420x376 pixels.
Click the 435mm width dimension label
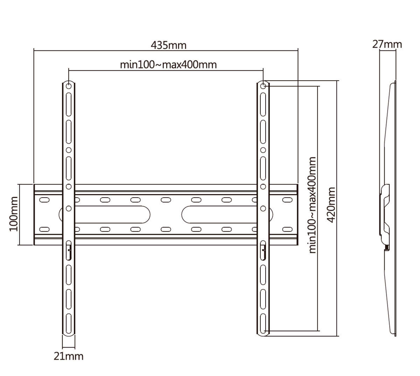point(168,45)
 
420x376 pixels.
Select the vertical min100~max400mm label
point(312,205)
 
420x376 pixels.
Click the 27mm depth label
point(387,44)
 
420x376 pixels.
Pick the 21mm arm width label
point(69,356)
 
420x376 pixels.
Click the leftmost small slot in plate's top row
point(44,200)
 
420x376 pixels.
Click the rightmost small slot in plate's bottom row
point(287,230)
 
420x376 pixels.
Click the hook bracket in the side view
point(386,214)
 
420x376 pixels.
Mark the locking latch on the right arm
point(264,250)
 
